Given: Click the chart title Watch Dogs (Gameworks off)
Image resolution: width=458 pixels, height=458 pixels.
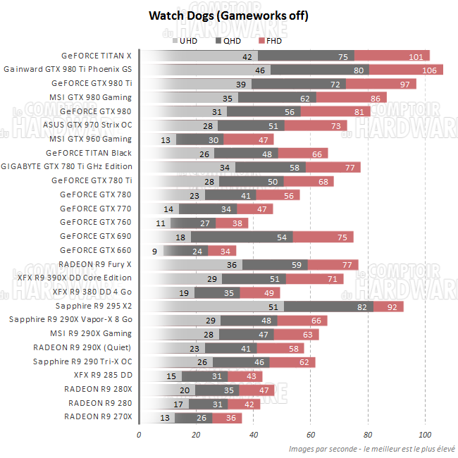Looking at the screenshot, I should (228, 16).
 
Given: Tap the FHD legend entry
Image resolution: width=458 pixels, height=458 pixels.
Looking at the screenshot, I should (273, 41).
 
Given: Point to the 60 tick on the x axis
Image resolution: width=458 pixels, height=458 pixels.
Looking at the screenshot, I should (310, 433).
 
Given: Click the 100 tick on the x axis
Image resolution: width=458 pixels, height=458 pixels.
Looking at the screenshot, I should (424, 433).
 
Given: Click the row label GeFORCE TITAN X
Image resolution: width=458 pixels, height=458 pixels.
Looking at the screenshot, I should (97, 56).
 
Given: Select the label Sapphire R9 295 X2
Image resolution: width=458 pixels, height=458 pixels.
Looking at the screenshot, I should (94, 307).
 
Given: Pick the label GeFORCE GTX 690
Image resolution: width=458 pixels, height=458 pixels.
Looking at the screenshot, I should (96, 237).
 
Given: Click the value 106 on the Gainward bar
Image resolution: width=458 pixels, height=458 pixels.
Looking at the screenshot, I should (428, 70).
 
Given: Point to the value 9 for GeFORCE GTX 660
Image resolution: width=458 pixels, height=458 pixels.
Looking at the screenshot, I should (154, 251).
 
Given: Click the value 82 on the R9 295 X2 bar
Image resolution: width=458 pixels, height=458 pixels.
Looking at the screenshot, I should (361, 307).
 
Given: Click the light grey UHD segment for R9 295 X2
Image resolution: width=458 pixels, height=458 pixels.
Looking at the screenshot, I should (211, 307).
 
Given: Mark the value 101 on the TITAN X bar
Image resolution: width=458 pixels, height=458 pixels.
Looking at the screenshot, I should (415, 56).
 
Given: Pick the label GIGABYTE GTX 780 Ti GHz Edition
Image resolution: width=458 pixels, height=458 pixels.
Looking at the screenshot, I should (67, 167).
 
